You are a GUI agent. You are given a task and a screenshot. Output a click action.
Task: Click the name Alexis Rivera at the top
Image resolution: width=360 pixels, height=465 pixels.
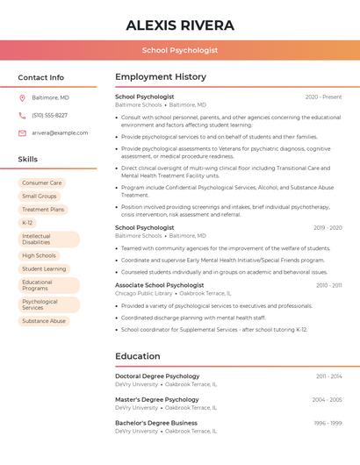[x=180, y=24]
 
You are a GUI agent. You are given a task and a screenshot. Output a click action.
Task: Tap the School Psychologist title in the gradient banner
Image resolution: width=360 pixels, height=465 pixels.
[x=180, y=51]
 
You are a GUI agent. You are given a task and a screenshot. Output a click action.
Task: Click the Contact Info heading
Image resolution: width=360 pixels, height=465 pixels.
[x=41, y=77]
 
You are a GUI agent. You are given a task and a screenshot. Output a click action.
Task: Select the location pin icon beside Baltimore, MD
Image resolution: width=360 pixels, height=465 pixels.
[x=23, y=97]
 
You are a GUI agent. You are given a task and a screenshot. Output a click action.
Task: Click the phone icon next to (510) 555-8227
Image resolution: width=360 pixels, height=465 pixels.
[x=23, y=115]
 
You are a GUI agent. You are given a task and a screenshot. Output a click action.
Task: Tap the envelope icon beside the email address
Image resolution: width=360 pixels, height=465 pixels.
[x=23, y=132]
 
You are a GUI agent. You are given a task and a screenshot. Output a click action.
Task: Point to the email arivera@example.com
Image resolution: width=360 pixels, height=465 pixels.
[x=60, y=132]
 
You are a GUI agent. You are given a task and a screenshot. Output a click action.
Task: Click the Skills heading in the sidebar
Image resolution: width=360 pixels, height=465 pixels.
[x=28, y=159]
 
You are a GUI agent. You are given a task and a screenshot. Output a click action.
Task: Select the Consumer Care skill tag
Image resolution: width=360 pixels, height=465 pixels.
[x=42, y=183]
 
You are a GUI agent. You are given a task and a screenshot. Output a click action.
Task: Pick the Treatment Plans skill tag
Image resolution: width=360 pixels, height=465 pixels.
[x=43, y=210]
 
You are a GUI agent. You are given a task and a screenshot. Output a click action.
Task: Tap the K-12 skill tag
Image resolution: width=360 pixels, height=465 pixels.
[x=27, y=223]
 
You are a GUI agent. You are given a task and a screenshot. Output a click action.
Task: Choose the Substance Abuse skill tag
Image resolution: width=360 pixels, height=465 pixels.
[x=44, y=321]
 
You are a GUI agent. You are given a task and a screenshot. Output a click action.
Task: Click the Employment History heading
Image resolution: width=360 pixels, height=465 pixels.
[x=161, y=77]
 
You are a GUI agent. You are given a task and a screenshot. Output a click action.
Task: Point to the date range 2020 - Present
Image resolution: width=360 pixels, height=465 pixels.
[x=323, y=97]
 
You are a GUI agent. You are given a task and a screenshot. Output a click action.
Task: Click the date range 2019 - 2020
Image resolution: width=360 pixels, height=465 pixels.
[x=328, y=227]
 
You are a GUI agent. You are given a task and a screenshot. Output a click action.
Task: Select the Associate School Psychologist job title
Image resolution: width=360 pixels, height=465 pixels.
[x=159, y=285]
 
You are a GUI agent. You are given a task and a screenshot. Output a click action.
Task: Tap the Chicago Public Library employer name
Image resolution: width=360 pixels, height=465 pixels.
[x=143, y=294]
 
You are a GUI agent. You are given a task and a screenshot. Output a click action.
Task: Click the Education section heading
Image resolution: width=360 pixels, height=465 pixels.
[x=138, y=356]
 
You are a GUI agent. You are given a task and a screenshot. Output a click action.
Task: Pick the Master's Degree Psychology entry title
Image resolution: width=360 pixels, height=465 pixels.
[x=157, y=399]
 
